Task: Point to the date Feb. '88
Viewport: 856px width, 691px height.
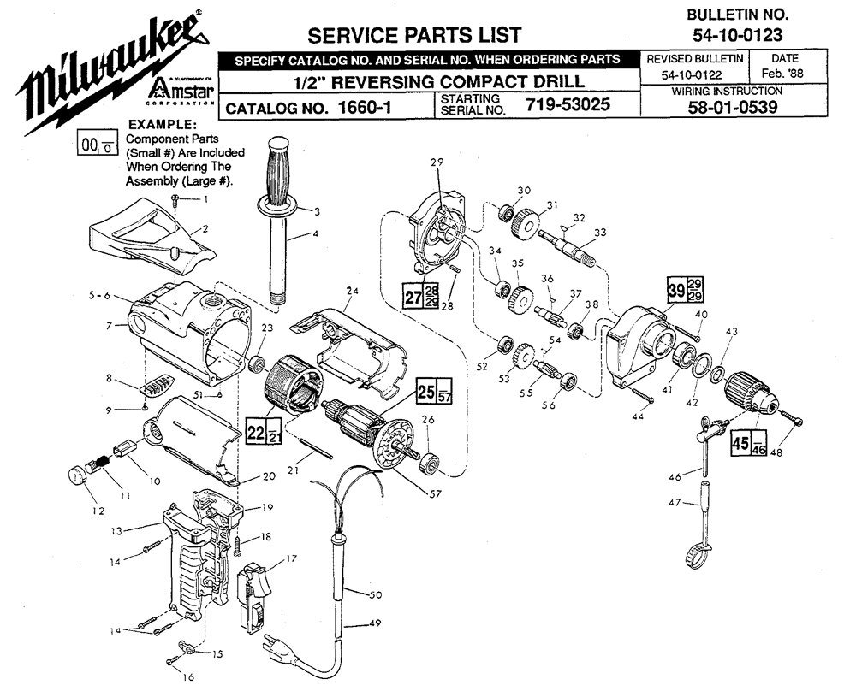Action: (x=784, y=74)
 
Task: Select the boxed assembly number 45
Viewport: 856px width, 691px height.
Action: (x=739, y=446)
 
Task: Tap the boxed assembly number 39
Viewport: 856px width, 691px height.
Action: (x=676, y=290)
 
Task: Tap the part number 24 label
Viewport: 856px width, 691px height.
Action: (x=349, y=290)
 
